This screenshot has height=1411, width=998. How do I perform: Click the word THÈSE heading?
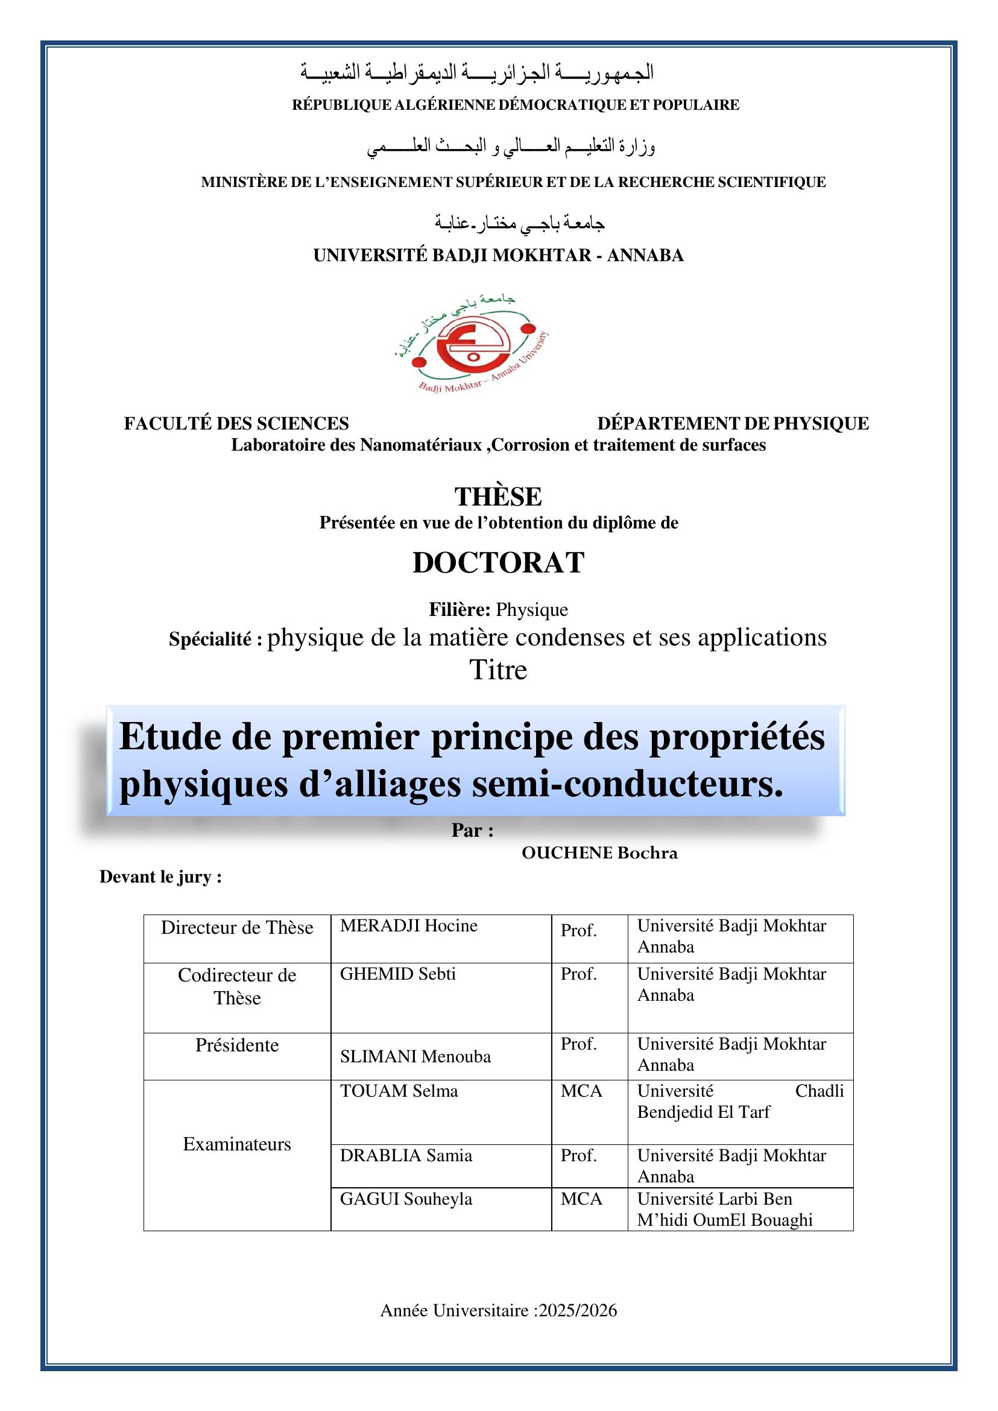coord(497,496)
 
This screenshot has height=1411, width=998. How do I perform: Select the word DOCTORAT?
coord(497,563)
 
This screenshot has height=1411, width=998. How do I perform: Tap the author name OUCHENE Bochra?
coord(599,854)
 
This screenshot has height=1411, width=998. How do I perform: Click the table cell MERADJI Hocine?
coord(409,926)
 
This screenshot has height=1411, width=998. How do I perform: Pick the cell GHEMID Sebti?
coord(397,974)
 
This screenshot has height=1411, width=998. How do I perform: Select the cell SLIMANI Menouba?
coord(415,1057)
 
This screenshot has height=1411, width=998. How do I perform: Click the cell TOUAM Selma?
coord(399,1091)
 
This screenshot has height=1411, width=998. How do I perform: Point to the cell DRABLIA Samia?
coord(406,1156)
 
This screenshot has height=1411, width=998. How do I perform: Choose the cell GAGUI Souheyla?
coord(406,1199)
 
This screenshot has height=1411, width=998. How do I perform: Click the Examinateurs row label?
coord(236,1144)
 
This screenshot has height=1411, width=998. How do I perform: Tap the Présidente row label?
coord(236,1045)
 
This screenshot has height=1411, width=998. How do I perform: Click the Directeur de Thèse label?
coord(236,927)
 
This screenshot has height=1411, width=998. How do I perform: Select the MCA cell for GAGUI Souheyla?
coord(581,1199)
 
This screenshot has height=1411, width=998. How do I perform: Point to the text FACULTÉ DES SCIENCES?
coord(236,423)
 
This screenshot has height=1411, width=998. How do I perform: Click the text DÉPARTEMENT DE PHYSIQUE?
coord(733,423)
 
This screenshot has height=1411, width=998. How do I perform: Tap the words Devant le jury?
coord(160,877)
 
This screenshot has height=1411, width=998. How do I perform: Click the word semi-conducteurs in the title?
coord(627,784)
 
